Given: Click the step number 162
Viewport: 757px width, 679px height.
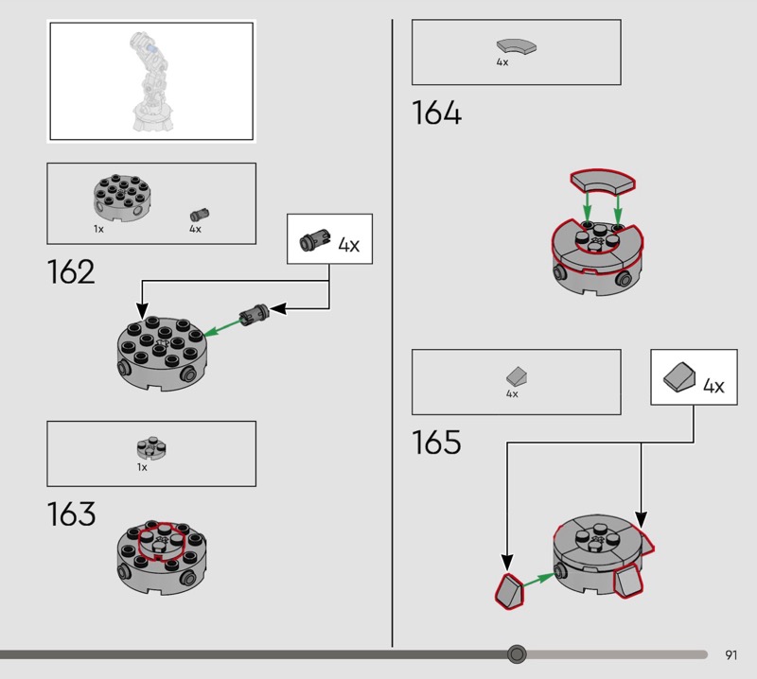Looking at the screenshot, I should [x=71, y=272].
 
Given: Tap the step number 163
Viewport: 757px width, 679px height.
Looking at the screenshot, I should [x=71, y=514].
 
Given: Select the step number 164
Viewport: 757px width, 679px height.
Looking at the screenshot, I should [x=436, y=113].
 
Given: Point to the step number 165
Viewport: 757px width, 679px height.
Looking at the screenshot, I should [x=436, y=442].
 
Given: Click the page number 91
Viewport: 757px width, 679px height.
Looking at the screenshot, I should [x=731, y=654].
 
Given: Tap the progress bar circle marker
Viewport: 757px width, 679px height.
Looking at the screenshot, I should [x=517, y=653].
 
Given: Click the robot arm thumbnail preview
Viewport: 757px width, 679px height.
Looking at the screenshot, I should [x=150, y=80].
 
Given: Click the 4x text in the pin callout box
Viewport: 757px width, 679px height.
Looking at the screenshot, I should [x=348, y=245].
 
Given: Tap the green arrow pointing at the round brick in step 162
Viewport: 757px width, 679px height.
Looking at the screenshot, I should [x=220, y=325].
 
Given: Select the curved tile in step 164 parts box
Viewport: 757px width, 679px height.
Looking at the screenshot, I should [x=516, y=45].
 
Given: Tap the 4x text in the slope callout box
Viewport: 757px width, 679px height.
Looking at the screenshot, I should [x=713, y=386].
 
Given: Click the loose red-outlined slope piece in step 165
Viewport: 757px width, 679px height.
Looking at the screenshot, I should [x=510, y=591].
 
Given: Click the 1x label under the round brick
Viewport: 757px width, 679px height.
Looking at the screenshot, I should [x=98, y=229].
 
